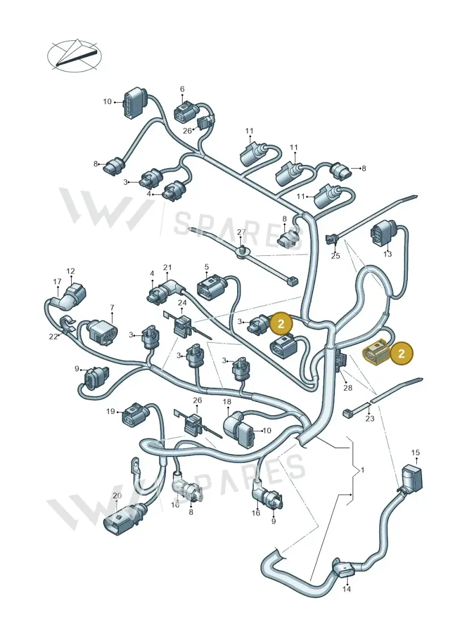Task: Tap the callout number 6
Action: tap(182, 89)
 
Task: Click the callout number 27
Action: tap(241, 232)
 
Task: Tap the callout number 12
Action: tap(71, 271)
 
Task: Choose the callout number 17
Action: tap(57, 282)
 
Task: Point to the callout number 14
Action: tap(347, 590)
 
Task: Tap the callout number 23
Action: tap(370, 418)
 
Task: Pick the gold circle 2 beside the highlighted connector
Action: tap(402, 353)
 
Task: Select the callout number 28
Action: tap(348, 388)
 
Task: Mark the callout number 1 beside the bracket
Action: tap(362, 470)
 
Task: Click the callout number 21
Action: tap(167, 268)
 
